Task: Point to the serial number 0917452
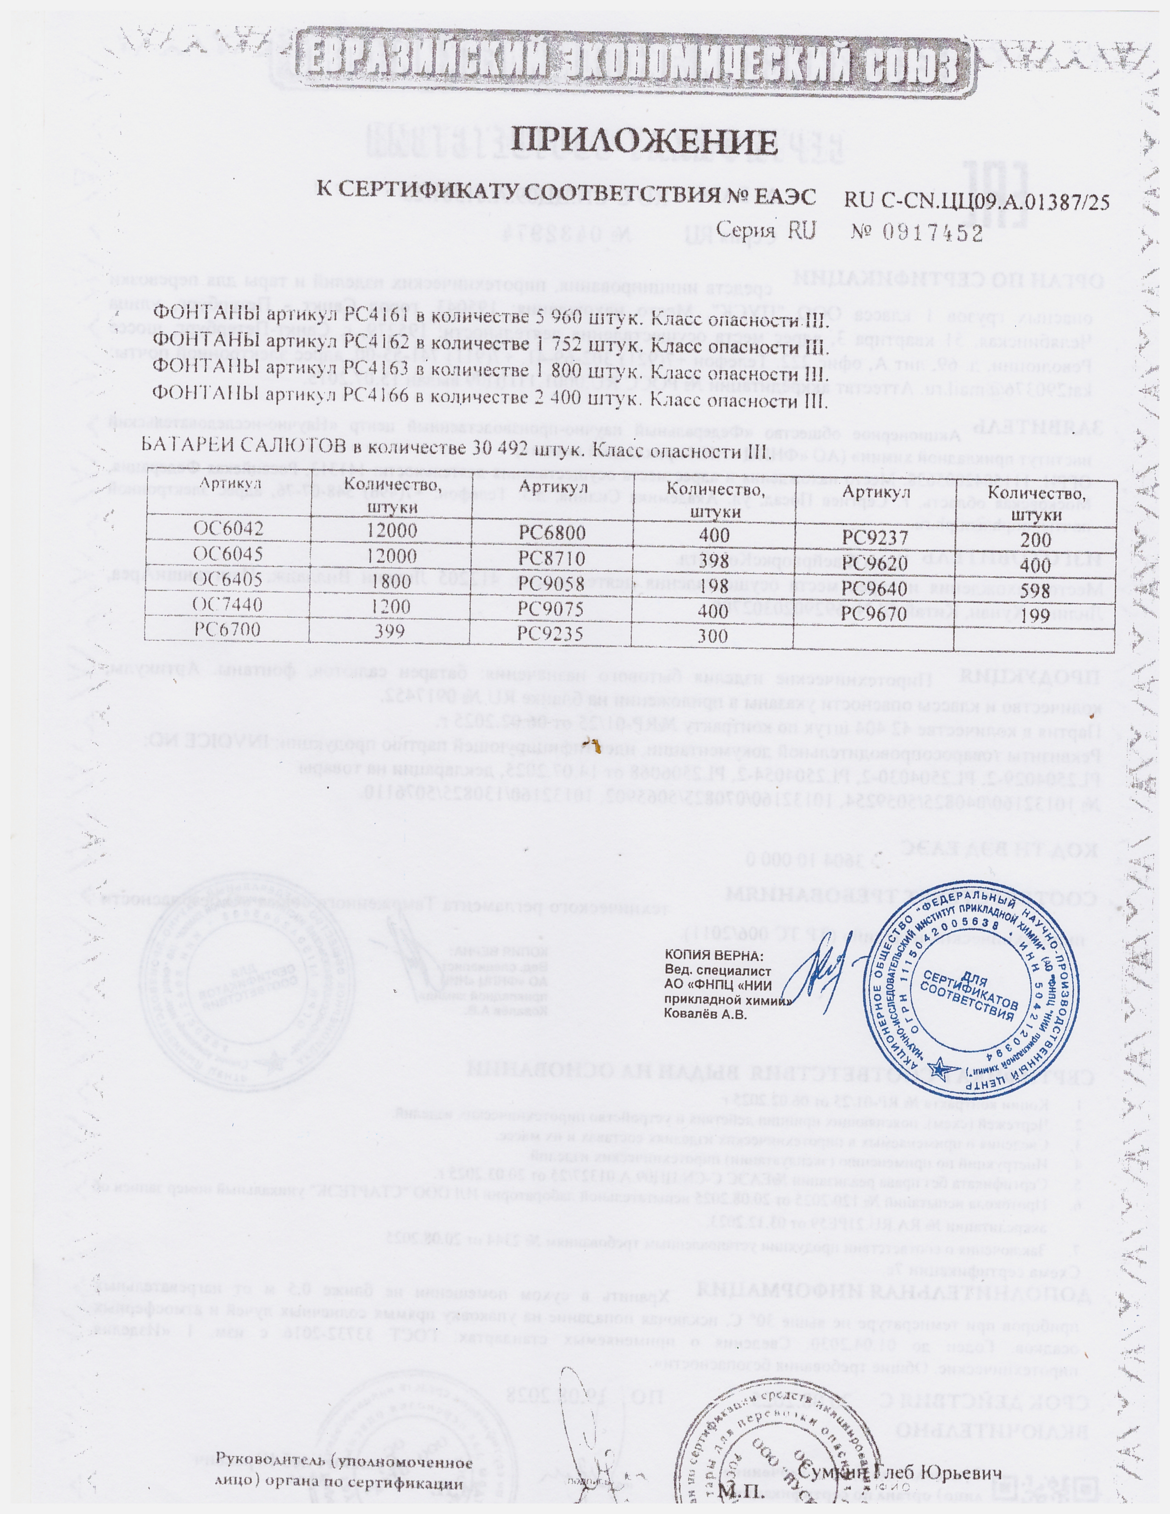(x=933, y=234)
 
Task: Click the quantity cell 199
(x=1036, y=616)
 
